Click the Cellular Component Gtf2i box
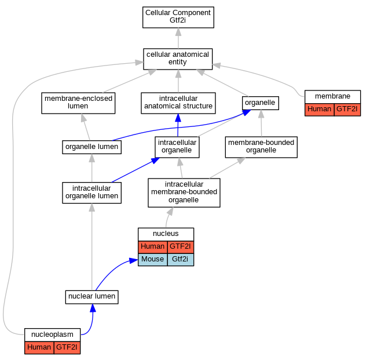coord(178,17)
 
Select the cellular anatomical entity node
coord(178,59)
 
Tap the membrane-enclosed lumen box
coord(78,103)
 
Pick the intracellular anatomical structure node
coord(178,103)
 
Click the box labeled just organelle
coord(261,103)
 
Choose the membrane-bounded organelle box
coord(261,147)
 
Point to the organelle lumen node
coord(92,147)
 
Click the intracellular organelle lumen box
coord(92,192)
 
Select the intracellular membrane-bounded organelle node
coord(184,192)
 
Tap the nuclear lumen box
coord(92,297)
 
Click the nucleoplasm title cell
coord(52,334)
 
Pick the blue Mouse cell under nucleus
coord(153,260)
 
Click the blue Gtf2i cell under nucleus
coord(181,260)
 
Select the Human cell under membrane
coord(320,110)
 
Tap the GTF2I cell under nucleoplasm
coord(67,348)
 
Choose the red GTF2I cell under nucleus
coord(181,247)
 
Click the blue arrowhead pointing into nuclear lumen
coord(93,308)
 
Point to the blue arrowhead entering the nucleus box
coord(134,261)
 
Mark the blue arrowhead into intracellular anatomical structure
coord(178,118)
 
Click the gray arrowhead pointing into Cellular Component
coord(178,32)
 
